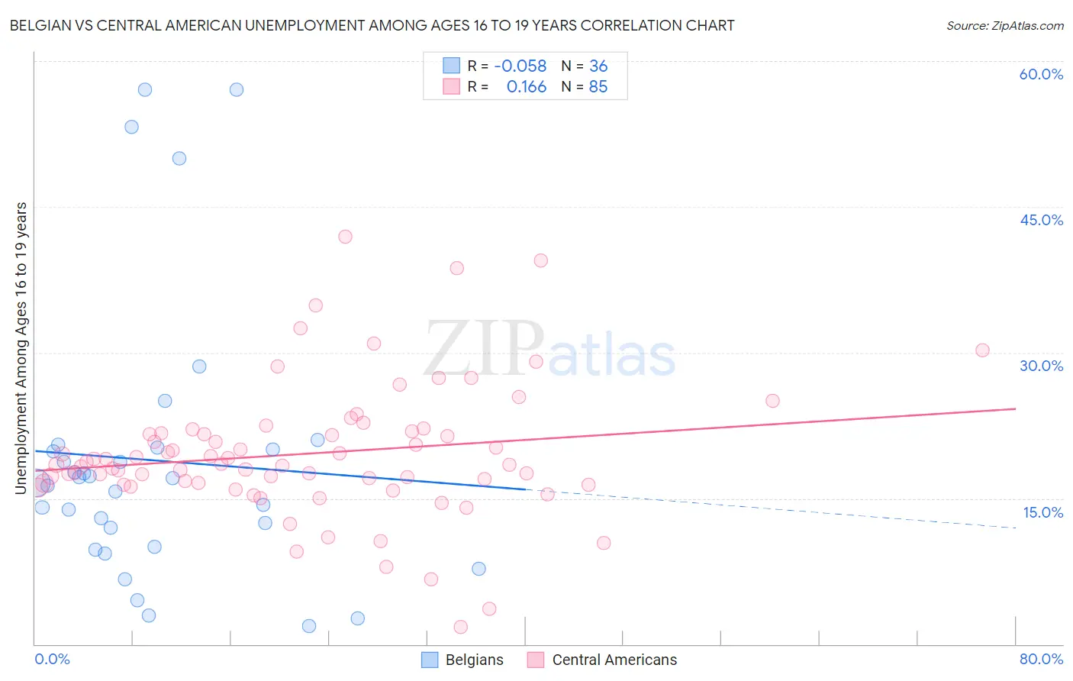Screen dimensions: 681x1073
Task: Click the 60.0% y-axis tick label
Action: pyautogui.click(x=1041, y=74)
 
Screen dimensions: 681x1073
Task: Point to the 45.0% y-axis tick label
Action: pyautogui.click(x=1041, y=220)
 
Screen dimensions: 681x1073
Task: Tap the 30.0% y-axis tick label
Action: pyautogui.click(x=1041, y=366)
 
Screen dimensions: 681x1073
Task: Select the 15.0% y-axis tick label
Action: pyautogui.click(x=1042, y=512)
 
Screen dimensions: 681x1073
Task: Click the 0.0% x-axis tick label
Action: pyautogui.click(x=52, y=659)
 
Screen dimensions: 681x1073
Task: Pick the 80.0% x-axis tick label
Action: pyautogui.click(x=1041, y=659)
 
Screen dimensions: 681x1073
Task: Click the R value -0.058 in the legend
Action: pyautogui.click(x=520, y=66)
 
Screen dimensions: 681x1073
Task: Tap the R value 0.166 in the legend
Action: pyautogui.click(x=527, y=87)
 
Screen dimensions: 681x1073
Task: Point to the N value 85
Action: pyautogui.click(x=598, y=87)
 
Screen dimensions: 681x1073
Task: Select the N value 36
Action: pyautogui.click(x=598, y=66)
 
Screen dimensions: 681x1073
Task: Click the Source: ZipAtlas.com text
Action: pyautogui.click(x=1004, y=26)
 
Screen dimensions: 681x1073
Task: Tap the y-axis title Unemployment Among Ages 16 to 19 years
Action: pyautogui.click(x=21, y=347)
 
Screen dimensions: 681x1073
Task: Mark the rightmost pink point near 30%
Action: pyautogui.click(x=982, y=350)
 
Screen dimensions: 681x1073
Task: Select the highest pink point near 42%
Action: pyautogui.click(x=345, y=237)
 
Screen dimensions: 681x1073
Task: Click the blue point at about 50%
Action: pyautogui.click(x=179, y=159)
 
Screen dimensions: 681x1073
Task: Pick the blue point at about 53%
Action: pyautogui.click(x=132, y=127)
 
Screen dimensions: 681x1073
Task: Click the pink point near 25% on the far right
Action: pyautogui.click(x=772, y=401)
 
